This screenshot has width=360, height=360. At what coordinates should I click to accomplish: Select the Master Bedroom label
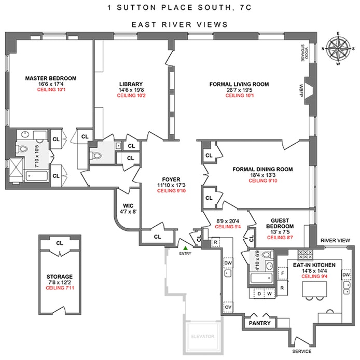51,78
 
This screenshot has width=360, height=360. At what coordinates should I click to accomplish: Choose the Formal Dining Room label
263,169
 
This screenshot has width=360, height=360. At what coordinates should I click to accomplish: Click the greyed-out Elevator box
203,337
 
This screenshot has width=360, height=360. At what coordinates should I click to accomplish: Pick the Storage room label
59,276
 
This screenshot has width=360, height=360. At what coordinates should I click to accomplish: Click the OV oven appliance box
228,307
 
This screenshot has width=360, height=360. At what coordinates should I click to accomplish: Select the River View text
334,240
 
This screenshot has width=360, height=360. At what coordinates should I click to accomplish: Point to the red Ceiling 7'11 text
59,287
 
